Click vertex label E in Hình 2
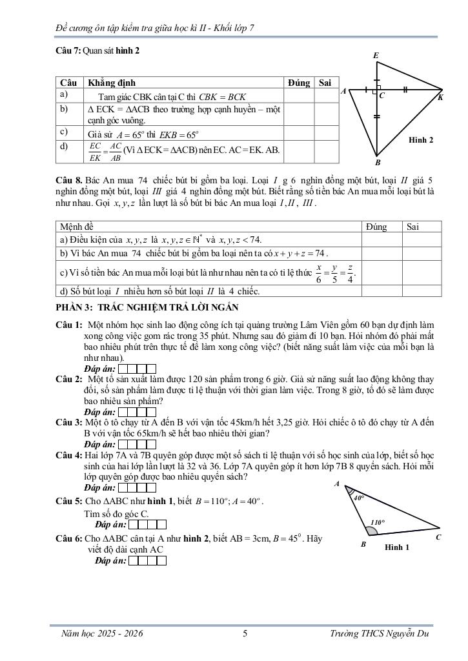(376, 56)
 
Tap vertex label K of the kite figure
(440, 97)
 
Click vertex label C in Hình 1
(438, 536)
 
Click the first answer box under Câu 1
(123, 369)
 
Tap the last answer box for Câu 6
(162, 561)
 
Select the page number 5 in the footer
(245, 634)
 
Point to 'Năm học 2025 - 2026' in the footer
(101, 634)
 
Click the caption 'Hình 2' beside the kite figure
(421, 139)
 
